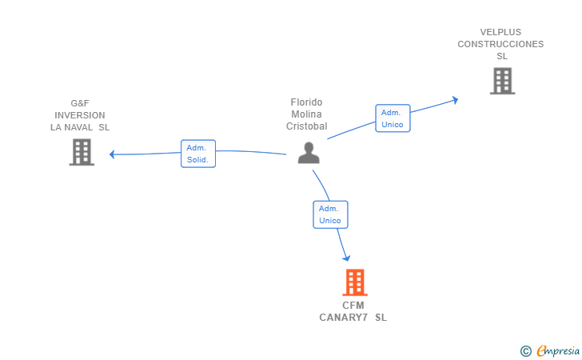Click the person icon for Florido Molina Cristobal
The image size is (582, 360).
coord(309,153)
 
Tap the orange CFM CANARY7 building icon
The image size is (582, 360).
coord(355,282)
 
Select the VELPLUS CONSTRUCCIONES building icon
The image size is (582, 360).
coord(503,81)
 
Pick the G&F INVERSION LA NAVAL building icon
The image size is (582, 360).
coord(82,152)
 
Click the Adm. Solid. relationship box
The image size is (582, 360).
coord(198,154)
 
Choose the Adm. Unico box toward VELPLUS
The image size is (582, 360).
coord(393,118)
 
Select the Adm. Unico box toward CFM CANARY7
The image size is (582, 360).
coord(330,214)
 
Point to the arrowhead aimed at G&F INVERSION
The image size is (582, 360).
coord(112,154)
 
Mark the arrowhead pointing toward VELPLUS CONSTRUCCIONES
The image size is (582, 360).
coord(455,100)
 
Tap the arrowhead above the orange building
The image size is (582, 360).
coord(346,258)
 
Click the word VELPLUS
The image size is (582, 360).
coord(500,32)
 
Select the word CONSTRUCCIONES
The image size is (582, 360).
coord(500,44)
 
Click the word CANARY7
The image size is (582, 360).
coord(343,318)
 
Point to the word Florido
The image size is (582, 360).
coord(306,102)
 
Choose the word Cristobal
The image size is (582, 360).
coord(307,126)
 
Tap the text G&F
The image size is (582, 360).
coord(80,103)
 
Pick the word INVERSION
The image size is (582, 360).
coord(80,115)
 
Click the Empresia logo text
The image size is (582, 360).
coord(558,350)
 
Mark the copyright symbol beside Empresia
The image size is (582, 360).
coord(526,351)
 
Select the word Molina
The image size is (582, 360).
coord(306,114)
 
